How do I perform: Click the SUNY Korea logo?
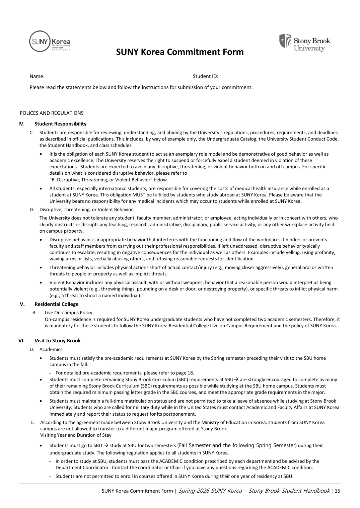[x=50, y=41]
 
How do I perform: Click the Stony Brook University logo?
[x=304, y=43]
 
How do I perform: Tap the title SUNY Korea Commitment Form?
[x=180, y=52]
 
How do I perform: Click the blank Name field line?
[x=109, y=77]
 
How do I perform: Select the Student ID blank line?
[x=275, y=77]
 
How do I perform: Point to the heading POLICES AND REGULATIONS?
[x=52, y=113]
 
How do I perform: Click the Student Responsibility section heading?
[x=61, y=124]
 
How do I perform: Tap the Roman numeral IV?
[x=21, y=124]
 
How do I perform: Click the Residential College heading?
[x=57, y=304]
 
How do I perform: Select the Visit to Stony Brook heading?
[x=58, y=341]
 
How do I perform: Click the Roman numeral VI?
[x=21, y=341]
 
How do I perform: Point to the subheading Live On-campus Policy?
[x=69, y=313]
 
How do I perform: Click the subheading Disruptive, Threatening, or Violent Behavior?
[x=86, y=209]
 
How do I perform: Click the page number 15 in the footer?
[x=337, y=491]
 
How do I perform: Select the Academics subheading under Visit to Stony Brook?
[x=51, y=349]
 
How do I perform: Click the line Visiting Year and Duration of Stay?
[x=76, y=435]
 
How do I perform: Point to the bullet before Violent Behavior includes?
[x=41, y=283]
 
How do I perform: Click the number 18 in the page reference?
[x=190, y=373]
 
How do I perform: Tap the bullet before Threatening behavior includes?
[x=41, y=268]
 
